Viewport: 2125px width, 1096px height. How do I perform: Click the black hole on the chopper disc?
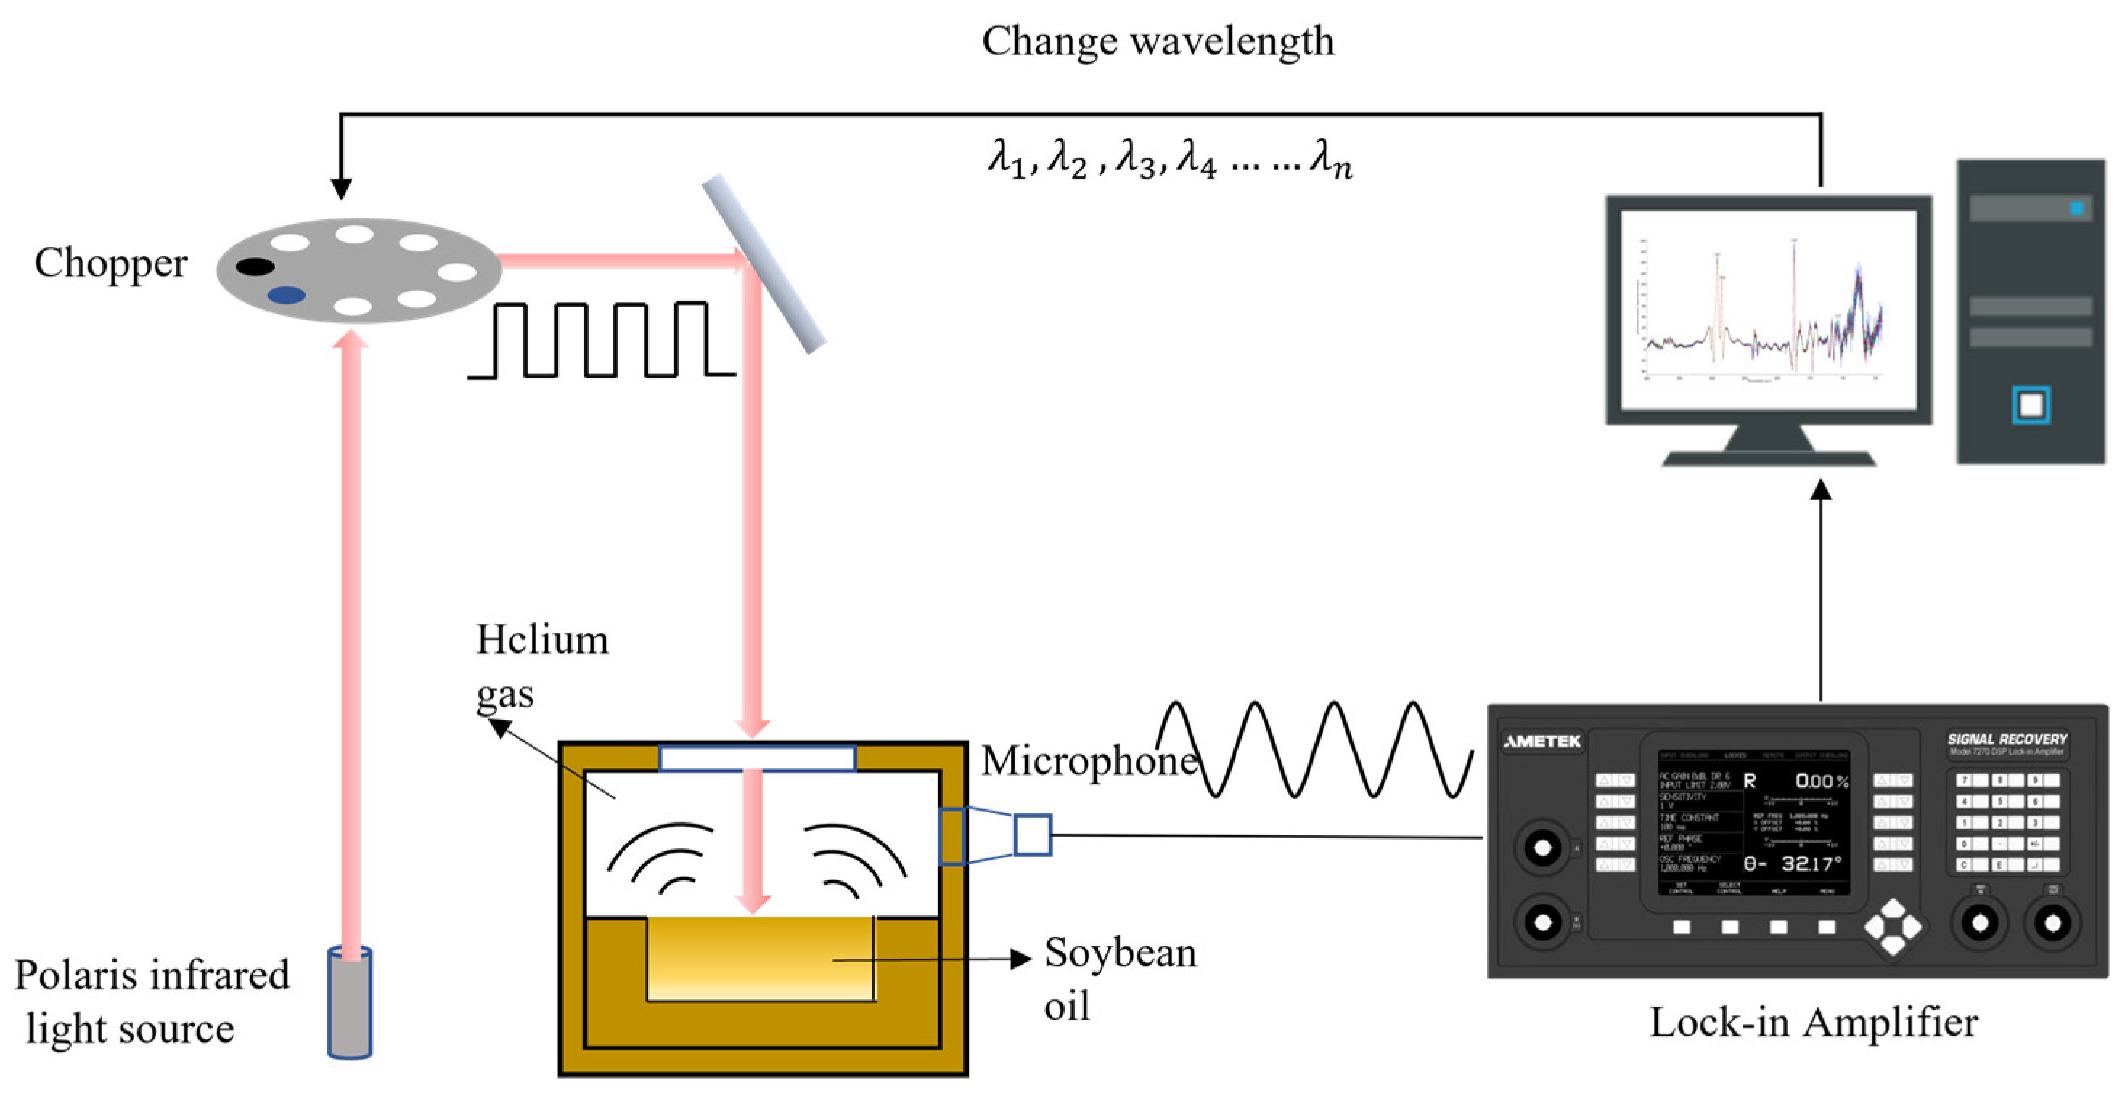click(x=255, y=267)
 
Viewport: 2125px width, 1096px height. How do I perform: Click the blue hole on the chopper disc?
click(x=286, y=295)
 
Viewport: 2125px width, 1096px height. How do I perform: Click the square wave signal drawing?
click(x=600, y=340)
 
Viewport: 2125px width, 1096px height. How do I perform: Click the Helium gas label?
click(x=541, y=665)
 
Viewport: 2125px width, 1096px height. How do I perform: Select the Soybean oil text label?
click(x=1118, y=978)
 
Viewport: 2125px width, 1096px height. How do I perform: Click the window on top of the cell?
click(x=757, y=758)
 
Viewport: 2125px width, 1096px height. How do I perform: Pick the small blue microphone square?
click(x=1032, y=835)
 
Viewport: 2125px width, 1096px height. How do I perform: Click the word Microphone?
click(x=1087, y=761)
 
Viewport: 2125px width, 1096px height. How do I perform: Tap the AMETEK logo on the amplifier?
click(x=1541, y=741)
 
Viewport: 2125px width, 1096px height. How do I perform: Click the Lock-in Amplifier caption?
click(x=1813, y=1022)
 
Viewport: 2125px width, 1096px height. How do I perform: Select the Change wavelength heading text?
click(x=1158, y=41)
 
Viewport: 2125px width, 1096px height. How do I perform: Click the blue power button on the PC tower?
click(x=2030, y=405)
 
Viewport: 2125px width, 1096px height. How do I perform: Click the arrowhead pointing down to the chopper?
click(x=340, y=188)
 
